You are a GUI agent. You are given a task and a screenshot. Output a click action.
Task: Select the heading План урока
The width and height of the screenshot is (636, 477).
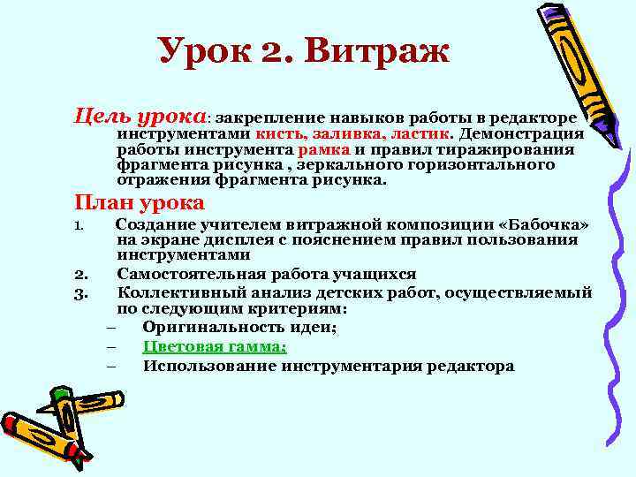(x=141, y=201)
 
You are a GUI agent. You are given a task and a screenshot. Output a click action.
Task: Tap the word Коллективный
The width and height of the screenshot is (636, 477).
(x=179, y=293)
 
